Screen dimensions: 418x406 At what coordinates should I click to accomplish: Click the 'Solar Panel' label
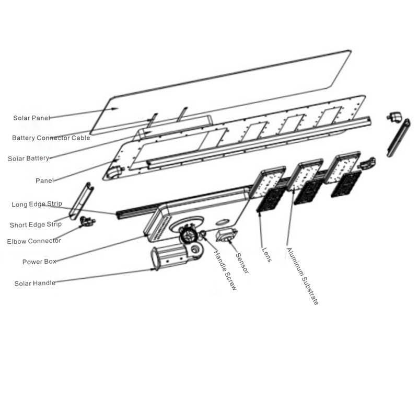[x=32, y=118]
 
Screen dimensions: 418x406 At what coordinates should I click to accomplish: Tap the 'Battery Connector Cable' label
[x=51, y=138]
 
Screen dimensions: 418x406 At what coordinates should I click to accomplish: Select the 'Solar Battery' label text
[x=29, y=159]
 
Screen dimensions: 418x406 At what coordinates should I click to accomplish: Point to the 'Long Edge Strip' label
[x=37, y=204]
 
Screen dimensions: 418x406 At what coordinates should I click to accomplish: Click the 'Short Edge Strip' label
[x=36, y=225]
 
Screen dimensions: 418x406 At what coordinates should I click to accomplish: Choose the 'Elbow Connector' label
[x=34, y=241]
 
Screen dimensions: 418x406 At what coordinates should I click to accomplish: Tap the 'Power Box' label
[x=39, y=262]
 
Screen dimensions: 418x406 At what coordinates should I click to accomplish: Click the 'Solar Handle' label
[x=35, y=283]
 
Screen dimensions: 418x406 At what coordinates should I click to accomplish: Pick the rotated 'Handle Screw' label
[x=226, y=270]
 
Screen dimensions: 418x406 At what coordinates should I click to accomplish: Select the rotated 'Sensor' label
[x=242, y=263]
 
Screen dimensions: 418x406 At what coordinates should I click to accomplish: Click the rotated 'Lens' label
[x=267, y=255]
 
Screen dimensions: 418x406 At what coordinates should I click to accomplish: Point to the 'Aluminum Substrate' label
[x=303, y=276]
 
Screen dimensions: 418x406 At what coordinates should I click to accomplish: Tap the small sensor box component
[x=226, y=235]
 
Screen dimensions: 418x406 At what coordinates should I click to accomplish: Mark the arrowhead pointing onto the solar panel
[x=115, y=109]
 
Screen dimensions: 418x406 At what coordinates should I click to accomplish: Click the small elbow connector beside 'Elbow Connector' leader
[x=87, y=221]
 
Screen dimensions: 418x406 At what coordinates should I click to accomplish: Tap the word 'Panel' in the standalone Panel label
[x=44, y=181]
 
